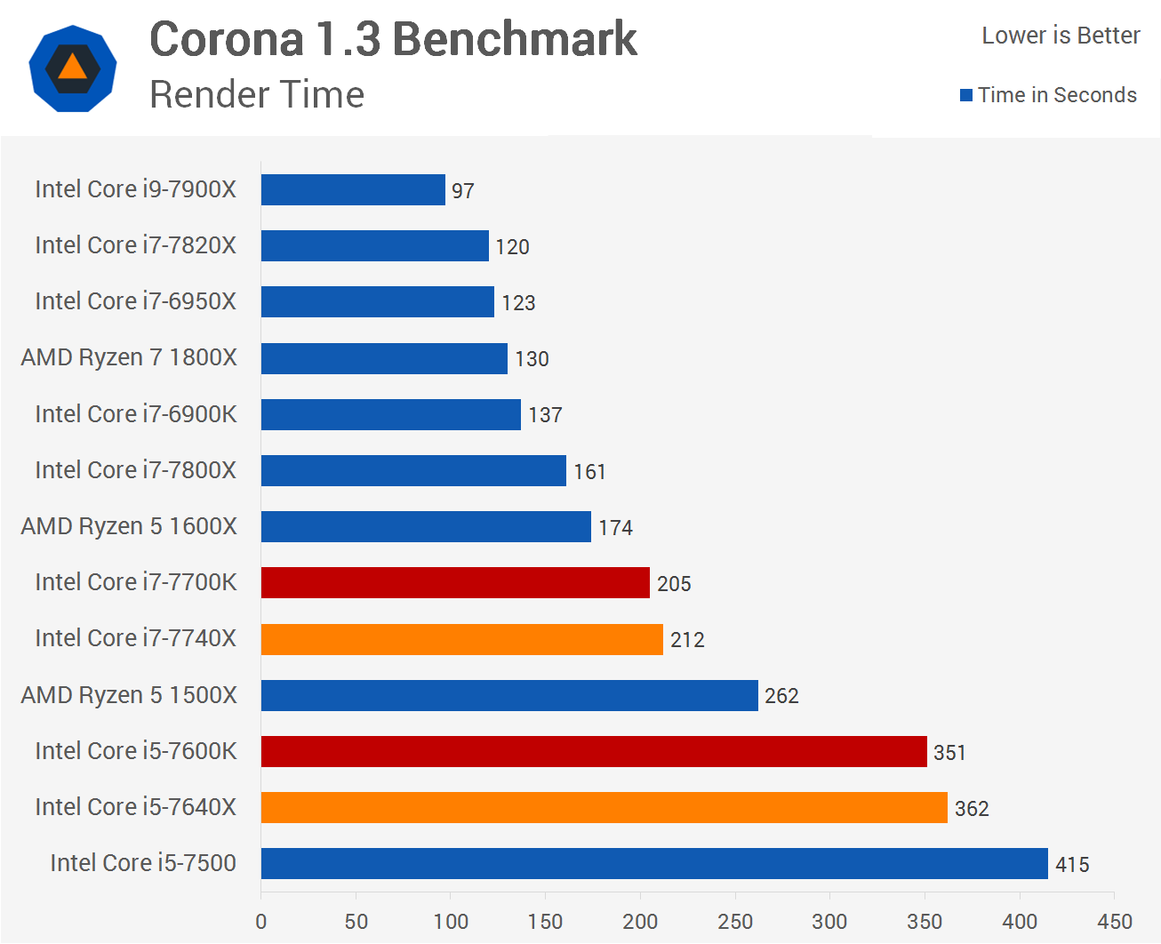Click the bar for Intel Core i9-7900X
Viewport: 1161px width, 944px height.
point(353,189)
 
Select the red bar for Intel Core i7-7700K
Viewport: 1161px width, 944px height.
point(455,582)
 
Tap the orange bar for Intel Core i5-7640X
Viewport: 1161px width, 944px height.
point(604,807)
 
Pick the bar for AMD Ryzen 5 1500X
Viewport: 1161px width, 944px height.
point(509,695)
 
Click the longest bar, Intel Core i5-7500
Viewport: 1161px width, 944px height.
point(654,863)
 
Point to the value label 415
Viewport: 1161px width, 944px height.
point(1072,865)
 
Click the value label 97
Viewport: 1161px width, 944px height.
point(462,191)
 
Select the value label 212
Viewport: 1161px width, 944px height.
point(687,640)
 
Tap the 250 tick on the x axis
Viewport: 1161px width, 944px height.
point(735,922)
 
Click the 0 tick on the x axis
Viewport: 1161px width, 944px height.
point(261,922)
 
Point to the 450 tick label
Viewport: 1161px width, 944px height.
point(1115,922)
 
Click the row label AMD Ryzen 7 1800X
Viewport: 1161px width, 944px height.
point(130,357)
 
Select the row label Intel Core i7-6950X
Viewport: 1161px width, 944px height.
point(136,301)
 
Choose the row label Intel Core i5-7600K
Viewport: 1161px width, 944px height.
point(136,751)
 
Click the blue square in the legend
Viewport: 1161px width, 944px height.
point(966,95)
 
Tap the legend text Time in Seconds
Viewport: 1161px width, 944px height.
point(1057,95)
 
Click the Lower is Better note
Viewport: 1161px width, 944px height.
point(1061,36)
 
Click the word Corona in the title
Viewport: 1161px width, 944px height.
point(228,39)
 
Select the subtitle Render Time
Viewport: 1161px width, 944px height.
point(257,94)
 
